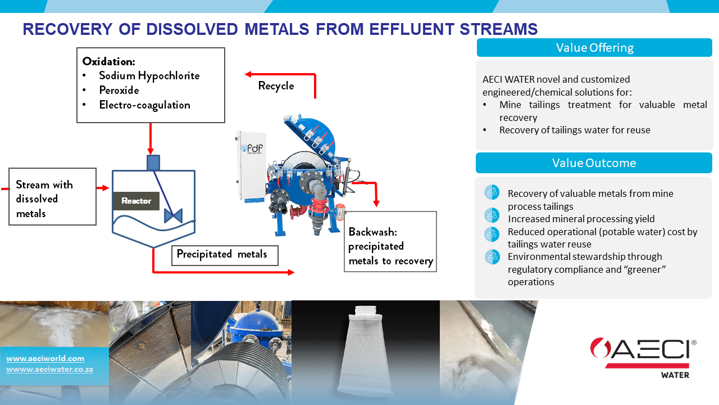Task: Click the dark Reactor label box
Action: pyautogui.click(x=136, y=201)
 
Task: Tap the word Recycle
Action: pyautogui.click(x=276, y=86)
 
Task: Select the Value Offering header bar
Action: pyautogui.click(x=594, y=48)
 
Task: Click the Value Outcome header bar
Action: pyautogui.click(x=594, y=163)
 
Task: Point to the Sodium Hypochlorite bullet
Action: pyautogui.click(x=149, y=75)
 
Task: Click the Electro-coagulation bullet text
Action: pyautogui.click(x=144, y=105)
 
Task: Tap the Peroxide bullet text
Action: pyautogui.click(x=119, y=90)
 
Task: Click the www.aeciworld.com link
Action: pyautogui.click(x=45, y=358)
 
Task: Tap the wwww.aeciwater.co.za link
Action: pyautogui.click(x=49, y=370)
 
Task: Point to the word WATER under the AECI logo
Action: pyautogui.click(x=676, y=375)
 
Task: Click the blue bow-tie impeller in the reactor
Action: pyautogui.click(x=173, y=215)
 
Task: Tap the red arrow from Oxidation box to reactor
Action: pyautogui.click(x=151, y=138)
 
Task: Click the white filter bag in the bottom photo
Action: pyautogui.click(x=365, y=349)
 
